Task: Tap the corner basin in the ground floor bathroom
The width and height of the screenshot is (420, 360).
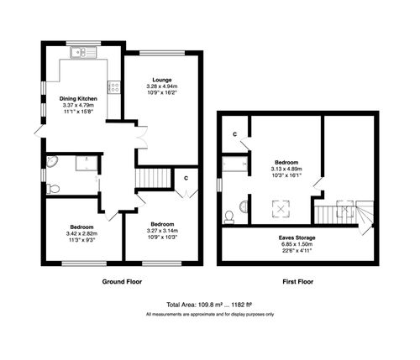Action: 52,162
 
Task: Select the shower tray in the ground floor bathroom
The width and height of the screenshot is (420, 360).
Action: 86,164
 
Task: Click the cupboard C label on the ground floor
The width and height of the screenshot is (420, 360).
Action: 186,178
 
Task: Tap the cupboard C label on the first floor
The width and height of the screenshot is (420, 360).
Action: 234,134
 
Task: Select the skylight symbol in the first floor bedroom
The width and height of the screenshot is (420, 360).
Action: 275,205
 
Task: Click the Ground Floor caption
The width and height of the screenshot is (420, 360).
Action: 123,281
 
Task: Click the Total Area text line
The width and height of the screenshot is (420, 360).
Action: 209,305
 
